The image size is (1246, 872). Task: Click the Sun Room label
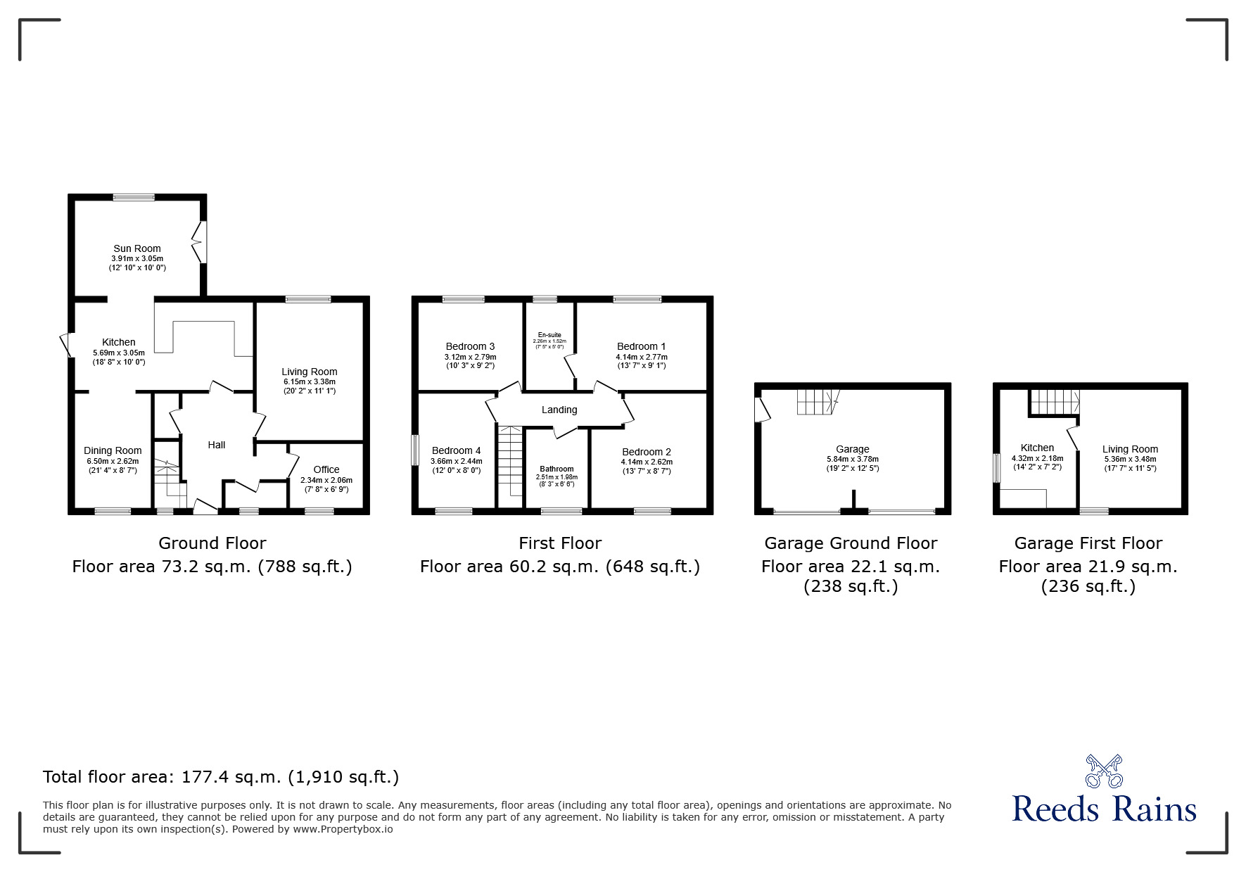pyautogui.click(x=137, y=248)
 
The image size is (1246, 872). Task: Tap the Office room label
pyautogui.click(x=326, y=469)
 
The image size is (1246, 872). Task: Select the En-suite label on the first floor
pyautogui.click(x=549, y=335)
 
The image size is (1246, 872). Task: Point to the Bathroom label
pyautogui.click(x=557, y=469)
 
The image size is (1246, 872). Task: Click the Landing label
pyautogui.click(x=559, y=410)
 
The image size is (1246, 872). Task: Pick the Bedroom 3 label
pyautogui.click(x=470, y=346)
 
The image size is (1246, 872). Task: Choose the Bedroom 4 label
pyautogui.click(x=457, y=450)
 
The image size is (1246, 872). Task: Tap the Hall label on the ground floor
pyautogui.click(x=217, y=445)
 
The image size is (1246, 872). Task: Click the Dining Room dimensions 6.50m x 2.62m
pyautogui.click(x=113, y=461)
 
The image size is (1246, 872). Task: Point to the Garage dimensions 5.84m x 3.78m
pyautogui.click(x=852, y=459)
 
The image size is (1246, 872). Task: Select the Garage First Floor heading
pyautogui.click(x=1088, y=543)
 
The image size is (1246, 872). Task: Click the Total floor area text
pyautogui.click(x=221, y=777)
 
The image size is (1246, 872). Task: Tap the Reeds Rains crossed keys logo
pyautogui.click(x=1104, y=771)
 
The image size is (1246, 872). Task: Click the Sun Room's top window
pyautogui.click(x=134, y=198)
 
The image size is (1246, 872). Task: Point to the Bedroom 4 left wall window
pyautogui.click(x=416, y=450)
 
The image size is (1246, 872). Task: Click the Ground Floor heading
pyautogui.click(x=212, y=543)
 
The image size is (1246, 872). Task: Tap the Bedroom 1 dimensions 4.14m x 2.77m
pyautogui.click(x=641, y=357)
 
